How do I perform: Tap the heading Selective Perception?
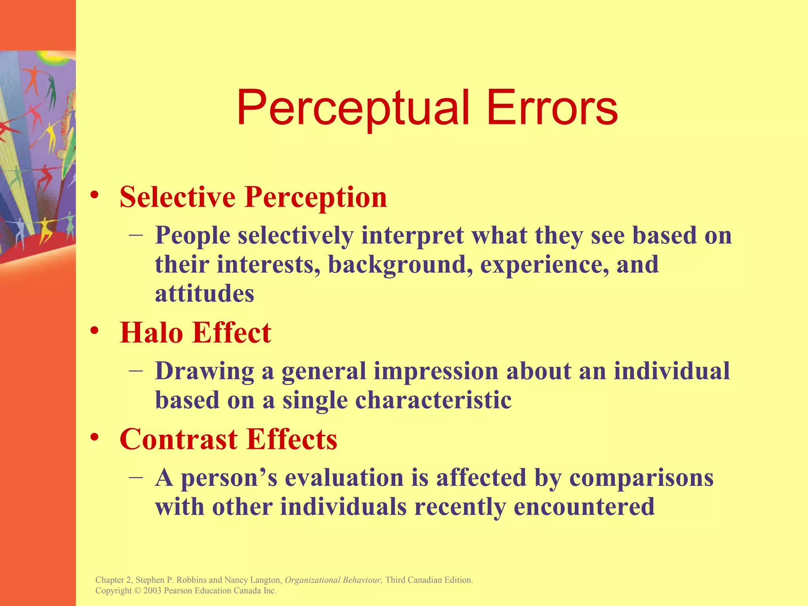[x=253, y=197]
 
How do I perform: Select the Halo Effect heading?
[x=195, y=333]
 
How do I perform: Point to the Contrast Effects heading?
[x=228, y=439]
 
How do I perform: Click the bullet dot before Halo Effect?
[x=94, y=330]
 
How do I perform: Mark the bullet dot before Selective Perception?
[x=94, y=195]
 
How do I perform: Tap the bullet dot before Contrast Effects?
[x=94, y=437]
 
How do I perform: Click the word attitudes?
[x=204, y=294]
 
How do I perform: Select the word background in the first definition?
[x=400, y=265]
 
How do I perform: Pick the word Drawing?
[x=204, y=372]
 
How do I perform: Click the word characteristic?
[x=433, y=400]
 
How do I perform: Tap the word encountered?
[x=584, y=507]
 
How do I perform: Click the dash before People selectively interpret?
[x=136, y=234]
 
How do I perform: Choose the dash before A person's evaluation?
[x=136, y=477]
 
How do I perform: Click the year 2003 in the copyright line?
[x=152, y=591]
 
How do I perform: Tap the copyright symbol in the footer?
[x=137, y=591]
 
